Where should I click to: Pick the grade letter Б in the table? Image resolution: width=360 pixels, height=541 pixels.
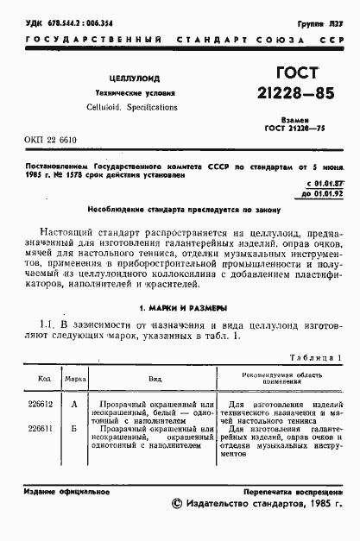pos(75,428)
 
